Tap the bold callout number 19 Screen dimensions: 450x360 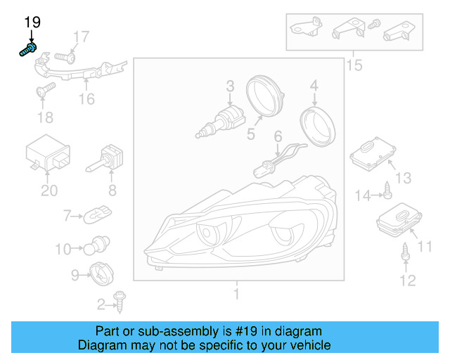point(32,22)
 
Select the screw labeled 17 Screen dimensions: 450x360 point(65,57)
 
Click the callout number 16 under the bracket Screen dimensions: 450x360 point(86,99)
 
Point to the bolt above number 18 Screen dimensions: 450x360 point(46,90)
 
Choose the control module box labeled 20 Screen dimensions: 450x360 point(48,153)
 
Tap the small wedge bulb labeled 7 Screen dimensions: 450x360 point(97,215)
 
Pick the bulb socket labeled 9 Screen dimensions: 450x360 point(101,274)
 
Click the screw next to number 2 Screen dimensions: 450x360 point(120,302)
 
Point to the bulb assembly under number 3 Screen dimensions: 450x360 point(220,122)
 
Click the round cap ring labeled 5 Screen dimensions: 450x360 point(265,96)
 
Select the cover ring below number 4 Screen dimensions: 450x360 point(317,127)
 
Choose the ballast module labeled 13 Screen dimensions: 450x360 point(373,153)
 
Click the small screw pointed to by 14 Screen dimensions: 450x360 point(387,190)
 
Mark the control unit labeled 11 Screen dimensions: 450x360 point(399,220)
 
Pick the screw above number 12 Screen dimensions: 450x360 point(405,252)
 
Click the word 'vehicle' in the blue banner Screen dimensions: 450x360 point(312,345)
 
